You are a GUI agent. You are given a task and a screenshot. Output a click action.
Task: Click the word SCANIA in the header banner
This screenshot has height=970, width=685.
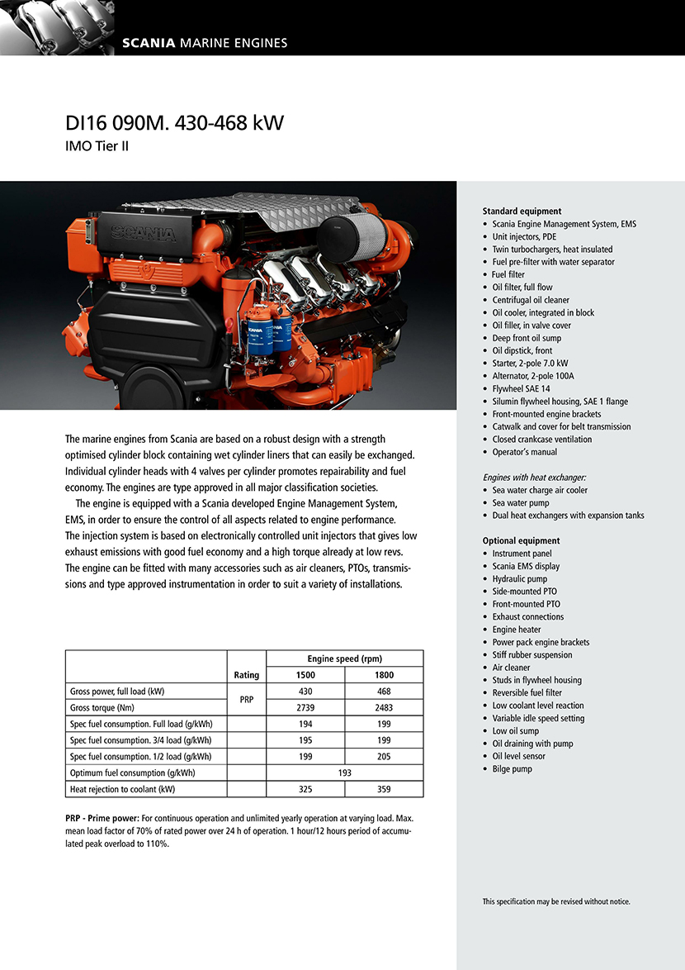click(x=149, y=43)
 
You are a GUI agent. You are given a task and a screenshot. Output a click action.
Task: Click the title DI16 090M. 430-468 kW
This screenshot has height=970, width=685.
click(x=174, y=123)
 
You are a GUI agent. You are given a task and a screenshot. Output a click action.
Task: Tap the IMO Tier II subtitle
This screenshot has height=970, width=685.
click(x=97, y=147)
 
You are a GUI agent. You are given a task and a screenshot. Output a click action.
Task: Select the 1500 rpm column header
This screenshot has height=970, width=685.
click(x=305, y=675)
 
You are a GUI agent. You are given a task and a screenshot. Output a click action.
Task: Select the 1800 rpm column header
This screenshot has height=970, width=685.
click(x=384, y=675)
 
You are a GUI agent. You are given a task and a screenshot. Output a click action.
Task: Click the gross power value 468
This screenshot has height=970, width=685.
click(x=384, y=691)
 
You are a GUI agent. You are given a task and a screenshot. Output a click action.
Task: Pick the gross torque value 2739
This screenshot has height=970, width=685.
click(x=305, y=707)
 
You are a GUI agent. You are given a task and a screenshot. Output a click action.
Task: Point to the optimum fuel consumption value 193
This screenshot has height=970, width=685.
click(x=345, y=773)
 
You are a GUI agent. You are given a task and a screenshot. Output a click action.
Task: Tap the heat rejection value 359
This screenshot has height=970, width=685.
click(x=384, y=789)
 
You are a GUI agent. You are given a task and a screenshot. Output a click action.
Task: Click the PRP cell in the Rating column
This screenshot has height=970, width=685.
click(x=247, y=699)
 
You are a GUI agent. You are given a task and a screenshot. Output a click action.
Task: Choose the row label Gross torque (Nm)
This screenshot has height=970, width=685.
click(x=102, y=707)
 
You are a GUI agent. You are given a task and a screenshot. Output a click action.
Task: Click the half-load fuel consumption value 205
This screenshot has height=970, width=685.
click(x=384, y=756)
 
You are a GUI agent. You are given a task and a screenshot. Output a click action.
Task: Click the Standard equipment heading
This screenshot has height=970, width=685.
click(x=522, y=212)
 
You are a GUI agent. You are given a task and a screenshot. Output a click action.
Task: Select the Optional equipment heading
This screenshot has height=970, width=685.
click(x=521, y=541)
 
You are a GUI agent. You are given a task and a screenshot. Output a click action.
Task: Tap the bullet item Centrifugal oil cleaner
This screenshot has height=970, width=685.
click(x=531, y=300)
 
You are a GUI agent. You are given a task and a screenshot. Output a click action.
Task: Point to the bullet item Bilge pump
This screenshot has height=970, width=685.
click(x=512, y=769)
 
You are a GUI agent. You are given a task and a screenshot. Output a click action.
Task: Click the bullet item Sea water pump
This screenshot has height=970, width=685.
click(x=520, y=503)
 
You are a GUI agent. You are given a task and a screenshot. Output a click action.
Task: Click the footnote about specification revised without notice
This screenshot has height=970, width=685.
click(x=556, y=901)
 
